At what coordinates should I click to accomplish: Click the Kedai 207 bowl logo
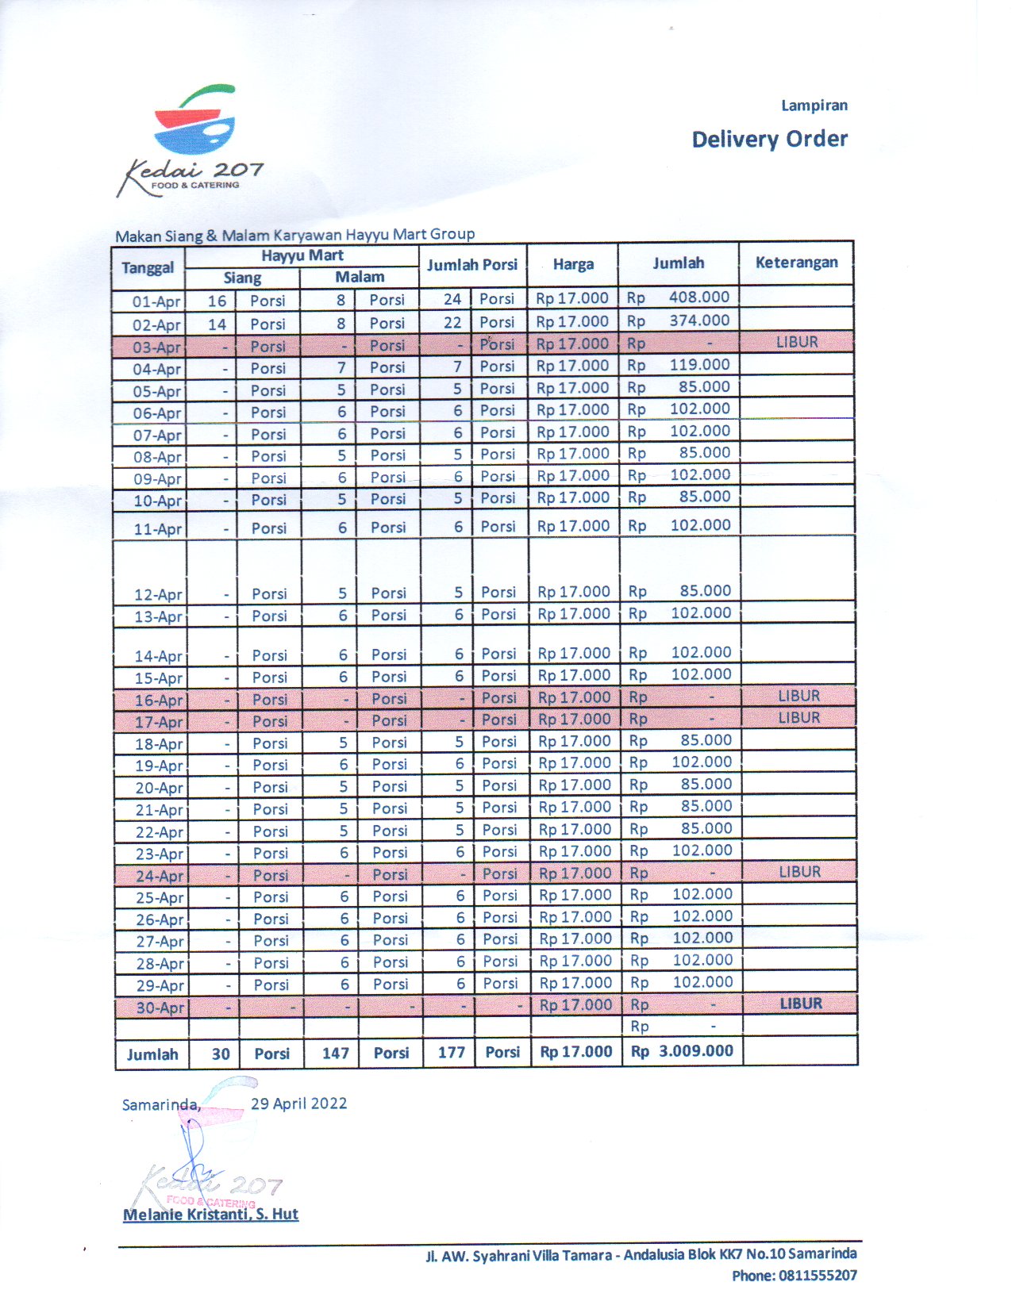(194, 124)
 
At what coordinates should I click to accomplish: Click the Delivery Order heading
(769, 140)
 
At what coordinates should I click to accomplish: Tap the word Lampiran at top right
(814, 106)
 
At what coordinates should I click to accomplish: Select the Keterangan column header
(796, 263)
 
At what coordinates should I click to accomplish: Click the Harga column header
(573, 264)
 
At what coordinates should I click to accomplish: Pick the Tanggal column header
(148, 267)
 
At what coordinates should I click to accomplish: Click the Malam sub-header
(360, 277)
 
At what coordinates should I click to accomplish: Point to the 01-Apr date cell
(156, 301)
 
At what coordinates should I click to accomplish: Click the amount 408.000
(698, 297)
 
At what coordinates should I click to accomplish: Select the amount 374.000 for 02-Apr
(698, 321)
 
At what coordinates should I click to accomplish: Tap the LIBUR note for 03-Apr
(797, 343)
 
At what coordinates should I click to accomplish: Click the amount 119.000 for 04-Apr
(698, 365)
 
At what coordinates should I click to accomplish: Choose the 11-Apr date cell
(157, 529)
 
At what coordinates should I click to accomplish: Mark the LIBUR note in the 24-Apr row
(799, 872)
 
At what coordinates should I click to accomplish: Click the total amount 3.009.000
(695, 1051)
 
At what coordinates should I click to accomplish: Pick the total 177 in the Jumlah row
(451, 1053)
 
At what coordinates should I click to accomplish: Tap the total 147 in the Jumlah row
(335, 1053)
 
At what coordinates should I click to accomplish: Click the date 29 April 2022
(298, 1104)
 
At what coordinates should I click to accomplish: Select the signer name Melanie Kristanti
(210, 1215)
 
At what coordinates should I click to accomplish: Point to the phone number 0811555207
(818, 1276)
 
